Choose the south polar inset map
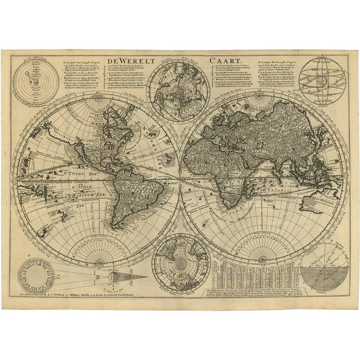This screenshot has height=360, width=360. pyautogui.click(x=179, y=264)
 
